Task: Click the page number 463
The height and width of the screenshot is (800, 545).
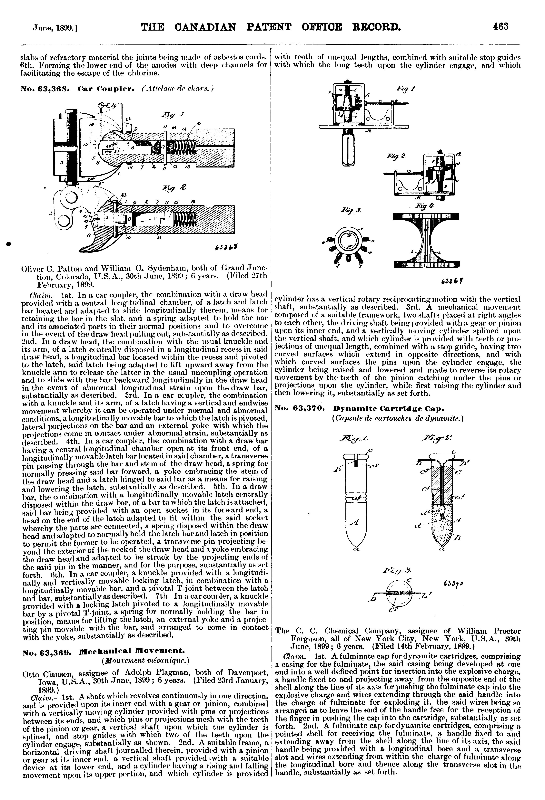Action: (500, 26)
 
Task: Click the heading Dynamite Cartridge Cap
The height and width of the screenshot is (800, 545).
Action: (388, 409)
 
